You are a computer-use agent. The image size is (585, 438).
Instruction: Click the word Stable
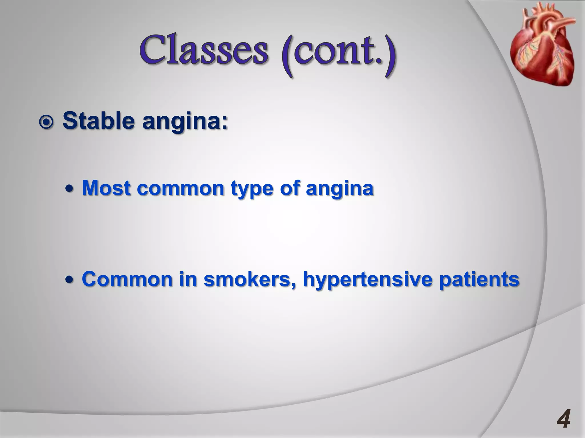(98, 121)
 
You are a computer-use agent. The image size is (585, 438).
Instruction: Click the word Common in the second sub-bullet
(127, 279)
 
